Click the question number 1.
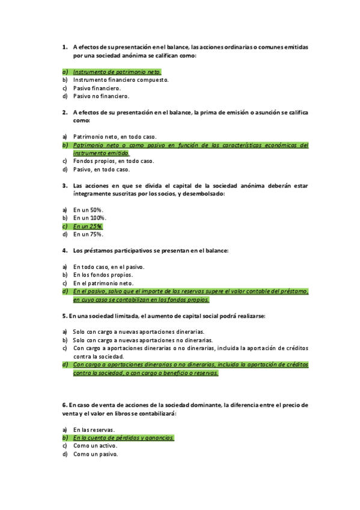[x=64, y=47]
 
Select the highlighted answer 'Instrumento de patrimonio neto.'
[x=112, y=72]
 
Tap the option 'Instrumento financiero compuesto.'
[x=120, y=79]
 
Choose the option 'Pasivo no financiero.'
[x=101, y=96]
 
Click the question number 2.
[x=64, y=112]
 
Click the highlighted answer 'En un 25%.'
[x=88, y=227]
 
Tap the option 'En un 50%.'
[x=88, y=210]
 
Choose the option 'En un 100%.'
[x=90, y=218]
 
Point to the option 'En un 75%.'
[x=88, y=235]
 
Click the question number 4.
[x=64, y=250]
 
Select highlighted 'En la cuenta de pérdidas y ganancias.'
[x=123, y=438]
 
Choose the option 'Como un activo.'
[x=95, y=446]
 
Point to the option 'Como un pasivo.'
[x=95, y=454]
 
